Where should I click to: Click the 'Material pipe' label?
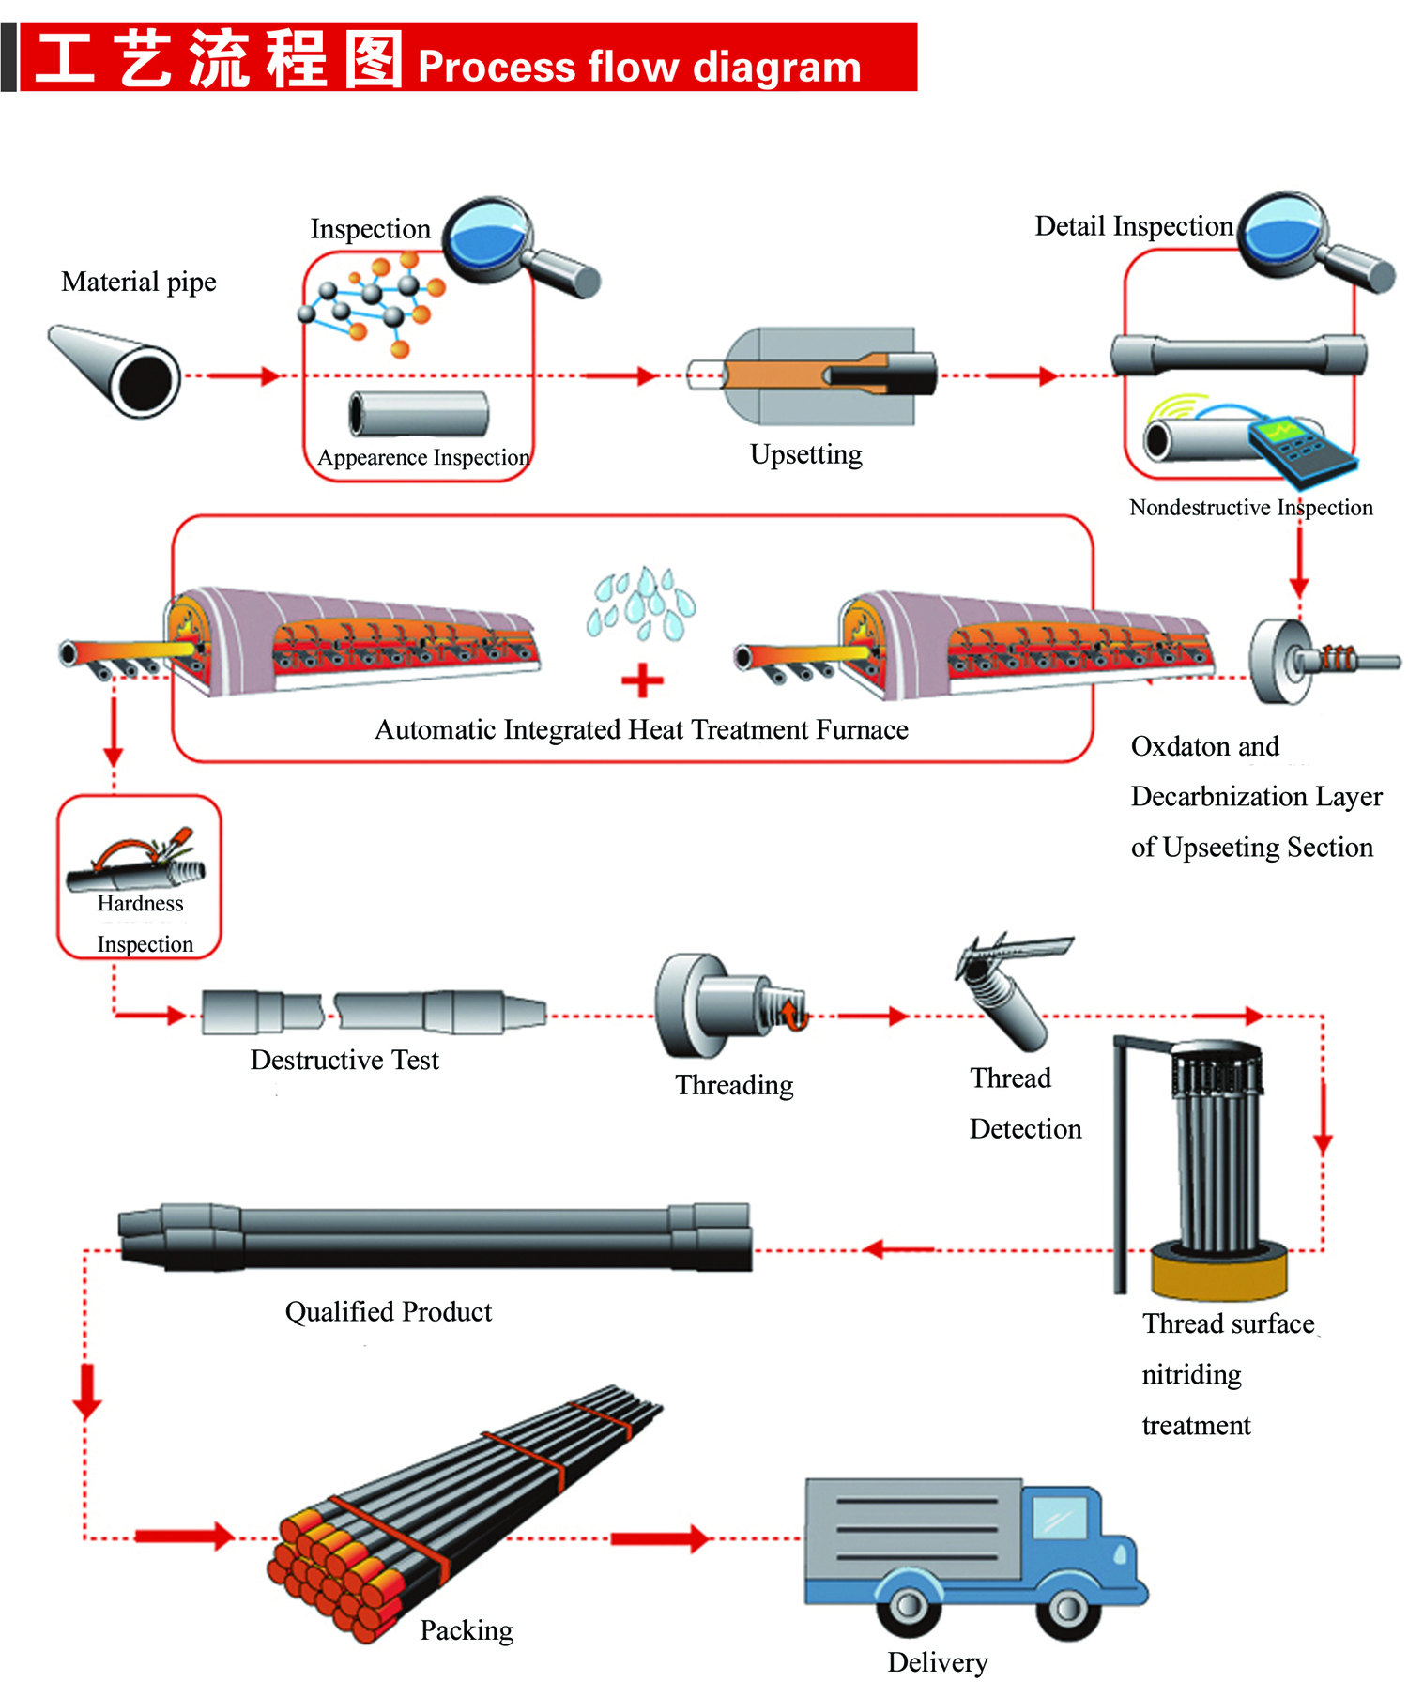click(139, 282)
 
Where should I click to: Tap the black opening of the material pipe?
click(145, 380)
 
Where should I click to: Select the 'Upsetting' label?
click(806, 454)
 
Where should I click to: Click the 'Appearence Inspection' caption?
click(423, 457)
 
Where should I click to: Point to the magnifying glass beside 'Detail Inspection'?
click(1314, 243)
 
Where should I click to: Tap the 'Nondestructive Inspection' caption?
click(1251, 508)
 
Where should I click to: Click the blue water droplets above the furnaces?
click(642, 603)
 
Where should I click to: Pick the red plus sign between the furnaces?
click(643, 680)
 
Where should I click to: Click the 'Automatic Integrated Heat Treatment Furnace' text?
click(641, 729)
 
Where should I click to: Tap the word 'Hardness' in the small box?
click(141, 903)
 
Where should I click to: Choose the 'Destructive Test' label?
click(344, 1060)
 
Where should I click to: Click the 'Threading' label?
click(734, 1085)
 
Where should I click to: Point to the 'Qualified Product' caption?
click(389, 1311)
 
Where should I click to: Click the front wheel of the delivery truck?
click(1067, 1607)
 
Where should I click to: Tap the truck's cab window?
click(1060, 1519)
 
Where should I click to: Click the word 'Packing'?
click(467, 1630)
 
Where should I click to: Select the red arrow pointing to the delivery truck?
click(660, 1537)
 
